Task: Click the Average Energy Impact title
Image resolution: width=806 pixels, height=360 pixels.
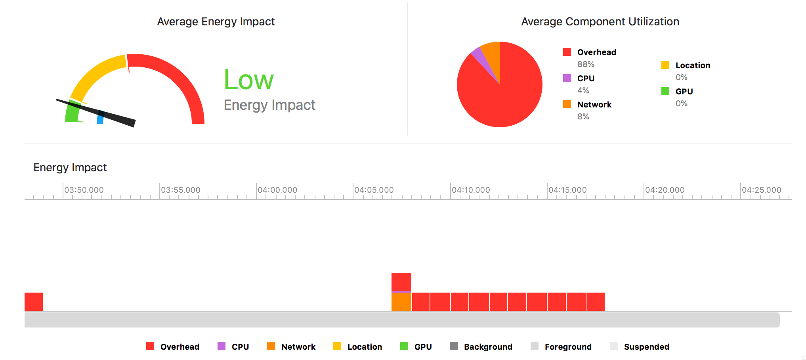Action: click(216, 21)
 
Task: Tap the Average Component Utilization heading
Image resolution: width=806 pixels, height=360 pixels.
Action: click(600, 21)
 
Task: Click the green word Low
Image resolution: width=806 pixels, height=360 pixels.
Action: click(248, 80)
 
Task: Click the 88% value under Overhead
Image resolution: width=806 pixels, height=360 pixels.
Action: click(586, 64)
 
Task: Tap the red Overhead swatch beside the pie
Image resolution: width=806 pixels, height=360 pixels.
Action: click(567, 52)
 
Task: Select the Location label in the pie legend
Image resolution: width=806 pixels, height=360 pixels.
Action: click(693, 65)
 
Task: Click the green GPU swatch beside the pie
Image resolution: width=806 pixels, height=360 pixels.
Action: click(665, 91)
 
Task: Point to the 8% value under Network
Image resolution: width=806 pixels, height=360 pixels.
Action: click(583, 117)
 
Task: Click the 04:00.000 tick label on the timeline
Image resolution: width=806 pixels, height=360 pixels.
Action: click(277, 190)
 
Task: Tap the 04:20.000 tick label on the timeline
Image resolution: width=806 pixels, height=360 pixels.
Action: click(665, 190)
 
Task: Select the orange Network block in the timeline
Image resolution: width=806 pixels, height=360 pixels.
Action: click(401, 302)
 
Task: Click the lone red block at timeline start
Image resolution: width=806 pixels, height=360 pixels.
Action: click(34, 302)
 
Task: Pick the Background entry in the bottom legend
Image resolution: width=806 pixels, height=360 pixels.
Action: click(488, 347)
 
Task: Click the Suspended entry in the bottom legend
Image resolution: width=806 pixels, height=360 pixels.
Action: click(646, 347)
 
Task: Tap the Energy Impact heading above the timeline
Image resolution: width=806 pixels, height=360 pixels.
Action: click(70, 168)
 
